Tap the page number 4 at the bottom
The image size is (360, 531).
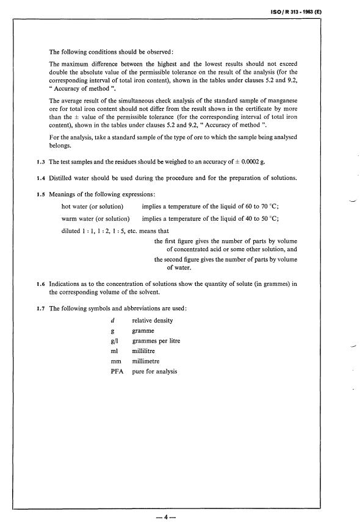pos(165,519)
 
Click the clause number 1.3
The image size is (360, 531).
pos(40,161)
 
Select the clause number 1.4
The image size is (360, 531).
pos(40,177)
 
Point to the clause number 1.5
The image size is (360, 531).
pos(40,194)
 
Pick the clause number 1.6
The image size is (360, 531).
pos(40,283)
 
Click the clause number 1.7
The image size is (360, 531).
pos(40,308)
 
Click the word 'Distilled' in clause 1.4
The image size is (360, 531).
pos(62,177)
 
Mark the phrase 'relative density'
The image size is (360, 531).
pos(153,320)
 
